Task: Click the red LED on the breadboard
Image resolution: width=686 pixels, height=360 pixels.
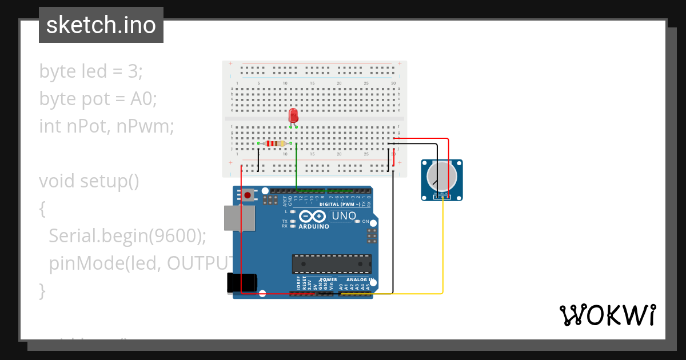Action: [x=293, y=115]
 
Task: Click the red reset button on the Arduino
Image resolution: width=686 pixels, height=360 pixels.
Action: [x=248, y=195]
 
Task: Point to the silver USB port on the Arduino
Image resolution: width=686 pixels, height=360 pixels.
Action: [x=239, y=218]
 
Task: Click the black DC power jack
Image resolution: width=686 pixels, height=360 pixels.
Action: [x=240, y=283]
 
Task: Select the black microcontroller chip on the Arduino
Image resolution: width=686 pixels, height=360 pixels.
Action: [x=332, y=263]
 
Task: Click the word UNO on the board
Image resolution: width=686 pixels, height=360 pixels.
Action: [x=344, y=217]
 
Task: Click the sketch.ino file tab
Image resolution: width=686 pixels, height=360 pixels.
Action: [x=101, y=25]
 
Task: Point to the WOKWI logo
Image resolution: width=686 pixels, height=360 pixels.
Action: [x=607, y=315]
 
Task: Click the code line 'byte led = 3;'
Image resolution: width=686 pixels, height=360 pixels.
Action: [x=91, y=71]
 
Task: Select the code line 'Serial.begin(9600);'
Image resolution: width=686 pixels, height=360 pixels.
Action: [x=127, y=235]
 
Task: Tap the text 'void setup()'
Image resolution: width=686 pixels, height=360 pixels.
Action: [x=89, y=181]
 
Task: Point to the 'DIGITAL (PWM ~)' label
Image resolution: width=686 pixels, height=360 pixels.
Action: [x=340, y=204]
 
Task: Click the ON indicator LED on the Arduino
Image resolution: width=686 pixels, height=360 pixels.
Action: [x=358, y=221]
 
